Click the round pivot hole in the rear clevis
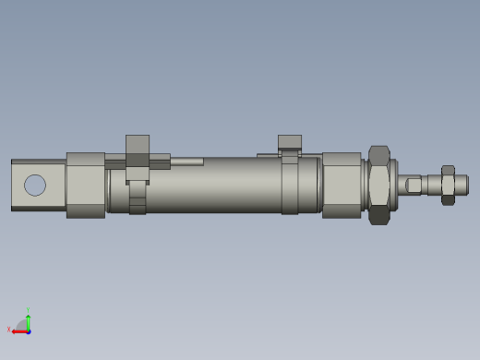click(35, 185)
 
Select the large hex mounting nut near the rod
click(378, 185)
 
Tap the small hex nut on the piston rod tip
click(448, 185)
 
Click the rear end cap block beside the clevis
click(86, 185)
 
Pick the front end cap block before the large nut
click(342, 185)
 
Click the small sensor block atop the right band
click(290, 142)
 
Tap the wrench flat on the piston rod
click(414, 185)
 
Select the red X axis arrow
click(18, 330)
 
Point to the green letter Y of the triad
click(29, 310)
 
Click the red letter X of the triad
click(8, 329)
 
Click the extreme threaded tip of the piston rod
click(463, 185)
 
